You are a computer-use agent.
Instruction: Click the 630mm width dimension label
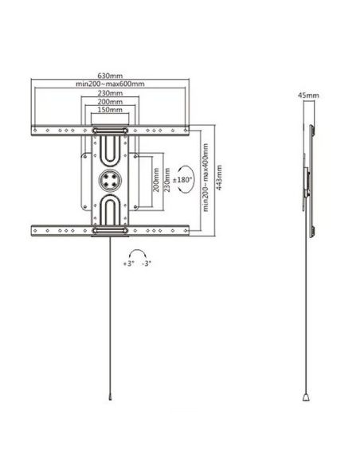tap(112, 76)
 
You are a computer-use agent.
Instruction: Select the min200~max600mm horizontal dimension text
tap(111, 84)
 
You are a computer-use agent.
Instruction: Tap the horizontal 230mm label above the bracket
tap(111, 94)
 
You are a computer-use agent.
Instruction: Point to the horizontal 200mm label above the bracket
tap(111, 103)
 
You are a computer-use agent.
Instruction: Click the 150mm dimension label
tap(111, 111)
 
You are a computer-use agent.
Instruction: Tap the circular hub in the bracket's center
tap(111, 180)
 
